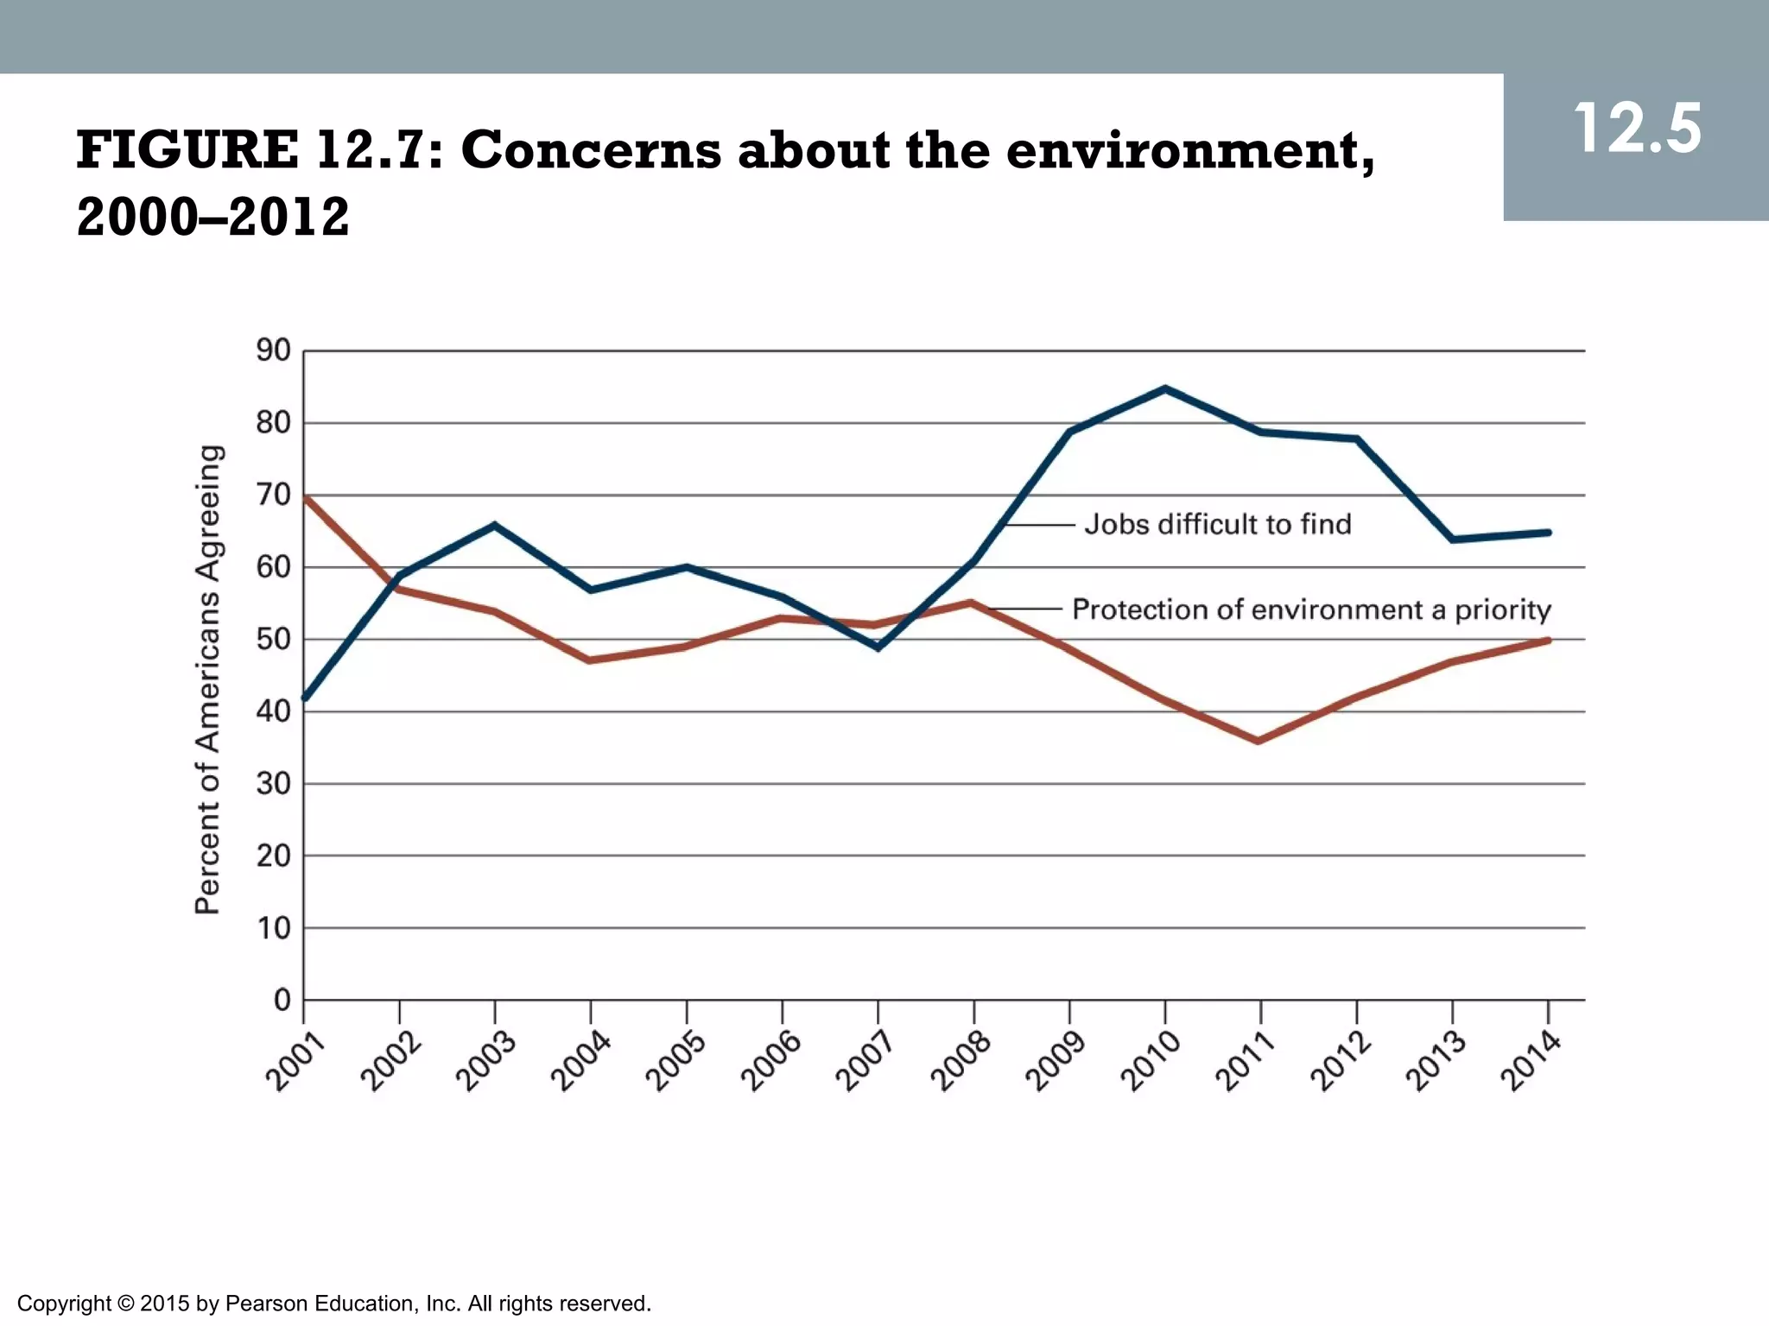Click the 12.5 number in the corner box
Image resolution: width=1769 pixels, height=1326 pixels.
point(1637,129)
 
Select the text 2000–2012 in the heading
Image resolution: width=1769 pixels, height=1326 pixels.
point(213,217)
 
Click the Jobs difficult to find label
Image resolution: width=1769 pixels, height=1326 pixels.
point(1218,524)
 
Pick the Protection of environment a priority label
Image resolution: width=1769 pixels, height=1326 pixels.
point(1311,609)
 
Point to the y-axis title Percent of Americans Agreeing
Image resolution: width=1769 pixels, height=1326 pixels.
point(208,679)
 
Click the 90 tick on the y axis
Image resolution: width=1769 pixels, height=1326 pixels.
point(273,350)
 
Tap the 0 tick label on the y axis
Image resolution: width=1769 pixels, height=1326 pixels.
point(282,1000)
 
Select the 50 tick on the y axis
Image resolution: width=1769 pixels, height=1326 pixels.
point(273,640)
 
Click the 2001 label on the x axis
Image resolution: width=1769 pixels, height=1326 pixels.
point(295,1063)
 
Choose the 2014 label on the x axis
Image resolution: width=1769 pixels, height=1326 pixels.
point(1530,1063)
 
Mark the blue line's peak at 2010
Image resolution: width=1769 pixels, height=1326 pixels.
point(1165,388)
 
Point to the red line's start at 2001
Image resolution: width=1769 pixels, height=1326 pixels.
point(306,497)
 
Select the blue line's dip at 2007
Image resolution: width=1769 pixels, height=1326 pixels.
point(878,647)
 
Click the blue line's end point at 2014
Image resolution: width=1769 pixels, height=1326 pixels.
point(1548,533)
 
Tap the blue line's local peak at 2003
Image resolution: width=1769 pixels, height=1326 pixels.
point(494,525)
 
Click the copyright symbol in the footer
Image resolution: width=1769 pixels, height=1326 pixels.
point(125,1303)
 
